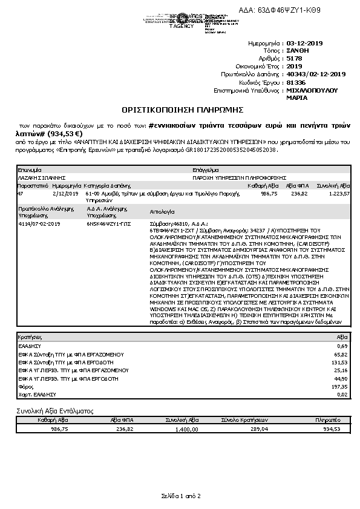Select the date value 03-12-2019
(306, 44)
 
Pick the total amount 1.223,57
(338, 194)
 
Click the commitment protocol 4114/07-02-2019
(40, 223)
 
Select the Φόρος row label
(25, 386)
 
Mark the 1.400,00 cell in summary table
(187, 429)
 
